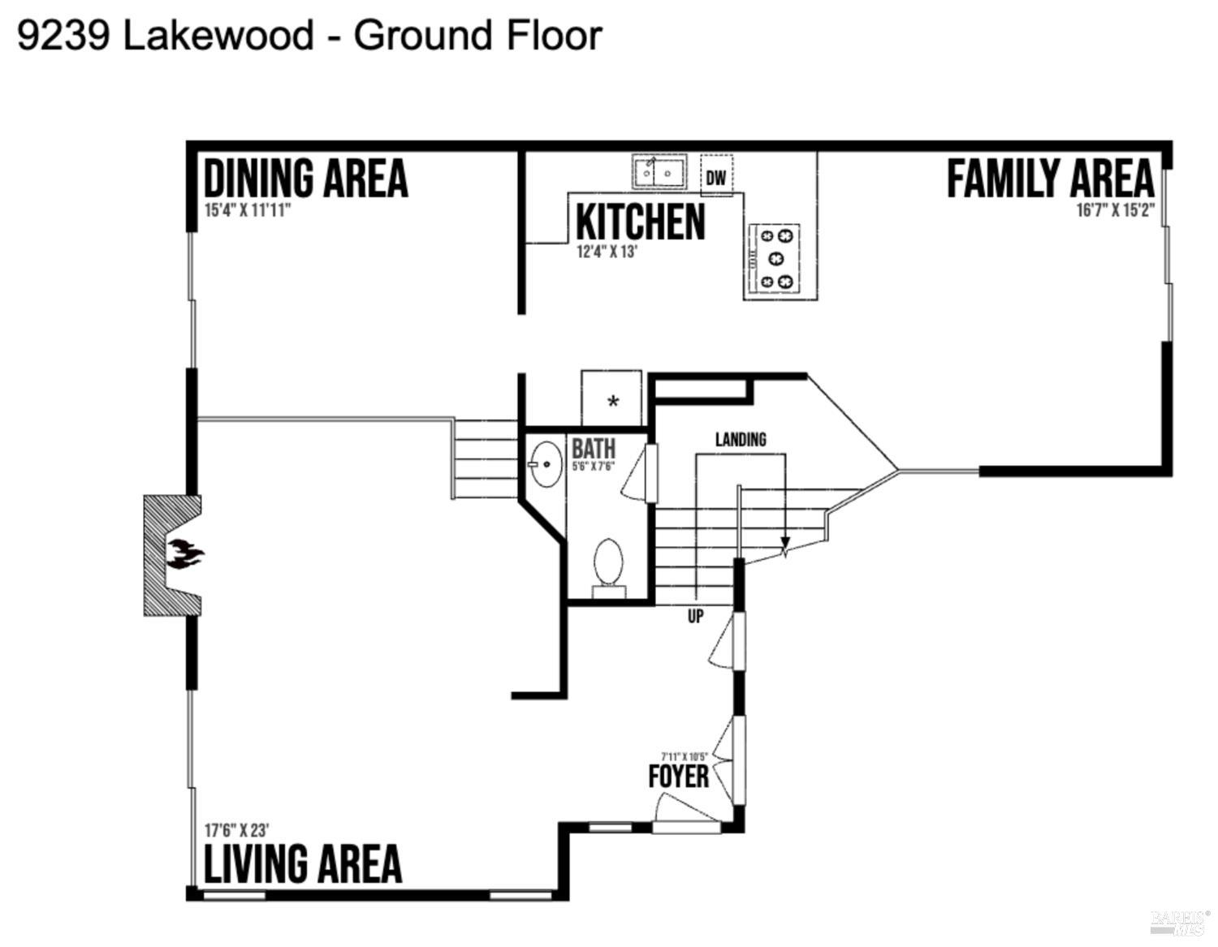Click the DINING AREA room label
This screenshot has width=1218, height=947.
305,179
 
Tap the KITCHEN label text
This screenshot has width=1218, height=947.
640,222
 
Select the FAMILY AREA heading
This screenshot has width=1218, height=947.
1050,179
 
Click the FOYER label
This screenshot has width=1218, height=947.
678,777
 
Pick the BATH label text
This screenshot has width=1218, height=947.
594,448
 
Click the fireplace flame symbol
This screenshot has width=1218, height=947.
185,555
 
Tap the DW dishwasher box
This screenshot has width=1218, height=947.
716,176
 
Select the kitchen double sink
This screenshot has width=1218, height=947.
659,172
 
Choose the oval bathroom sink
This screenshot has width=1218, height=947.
546,464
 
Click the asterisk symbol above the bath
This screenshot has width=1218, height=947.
613,402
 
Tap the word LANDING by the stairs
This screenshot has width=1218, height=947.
741,439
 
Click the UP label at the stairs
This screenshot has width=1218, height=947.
696,617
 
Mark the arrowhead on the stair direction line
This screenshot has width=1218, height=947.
785,545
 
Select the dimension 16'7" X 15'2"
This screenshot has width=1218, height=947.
1115,211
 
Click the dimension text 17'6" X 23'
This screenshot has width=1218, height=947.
236,831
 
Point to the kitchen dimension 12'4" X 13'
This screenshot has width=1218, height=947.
607,252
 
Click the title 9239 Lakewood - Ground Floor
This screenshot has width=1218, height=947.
309,36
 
